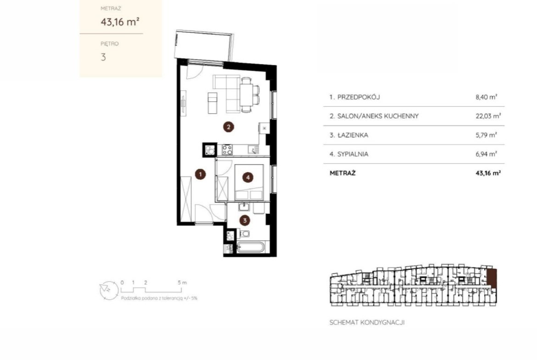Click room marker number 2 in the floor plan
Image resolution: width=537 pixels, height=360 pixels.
click(229, 127)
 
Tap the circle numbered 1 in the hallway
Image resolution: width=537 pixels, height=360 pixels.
click(201, 174)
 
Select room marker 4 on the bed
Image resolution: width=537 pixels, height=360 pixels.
click(247, 177)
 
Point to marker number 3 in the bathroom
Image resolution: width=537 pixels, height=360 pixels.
click(245, 221)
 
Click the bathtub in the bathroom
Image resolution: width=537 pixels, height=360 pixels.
click(250, 248)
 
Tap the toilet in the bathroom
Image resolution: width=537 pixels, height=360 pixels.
click(244, 234)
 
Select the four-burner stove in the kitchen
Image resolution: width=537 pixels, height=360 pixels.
click(227, 150)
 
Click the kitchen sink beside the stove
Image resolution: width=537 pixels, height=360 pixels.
click(253, 150)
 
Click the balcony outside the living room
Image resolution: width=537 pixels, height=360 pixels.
click(204, 46)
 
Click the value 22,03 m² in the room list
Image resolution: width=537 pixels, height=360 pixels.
click(488, 116)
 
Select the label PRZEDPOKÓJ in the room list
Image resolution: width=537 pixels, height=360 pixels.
click(358, 97)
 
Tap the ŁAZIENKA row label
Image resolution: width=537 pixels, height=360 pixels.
click(353, 135)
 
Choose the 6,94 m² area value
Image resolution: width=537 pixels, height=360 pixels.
click(486, 154)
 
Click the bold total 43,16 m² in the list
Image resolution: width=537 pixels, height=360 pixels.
click(488, 173)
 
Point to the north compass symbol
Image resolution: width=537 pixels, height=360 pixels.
click(109, 290)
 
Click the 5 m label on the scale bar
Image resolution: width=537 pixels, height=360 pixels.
click(182, 282)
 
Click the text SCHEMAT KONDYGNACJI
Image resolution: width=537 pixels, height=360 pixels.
click(367, 322)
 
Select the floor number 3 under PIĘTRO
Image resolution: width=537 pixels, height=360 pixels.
click(103, 57)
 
